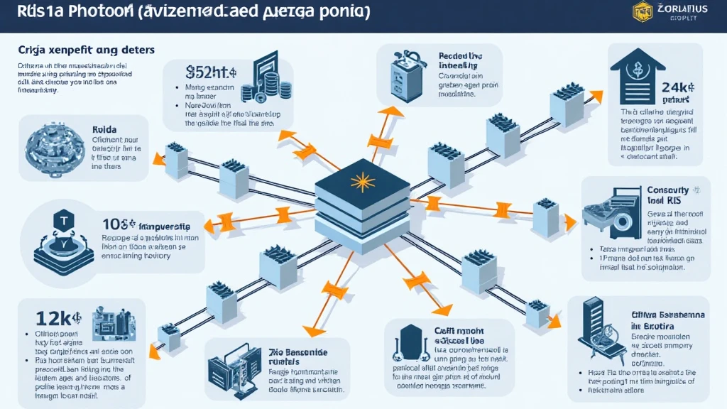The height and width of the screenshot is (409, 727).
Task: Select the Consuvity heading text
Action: (668, 191)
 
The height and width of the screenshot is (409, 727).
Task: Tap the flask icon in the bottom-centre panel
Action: (410, 344)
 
